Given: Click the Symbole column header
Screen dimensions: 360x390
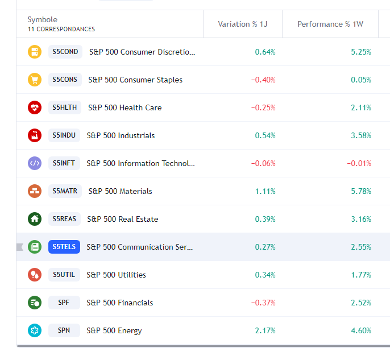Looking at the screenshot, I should point(42,20).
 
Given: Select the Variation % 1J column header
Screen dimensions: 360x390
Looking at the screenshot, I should point(242,24).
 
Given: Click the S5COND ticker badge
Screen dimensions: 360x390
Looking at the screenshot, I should point(65,52).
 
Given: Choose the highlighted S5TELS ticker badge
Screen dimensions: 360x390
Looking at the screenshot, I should point(64,247).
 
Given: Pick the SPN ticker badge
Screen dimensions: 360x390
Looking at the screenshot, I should point(64,330).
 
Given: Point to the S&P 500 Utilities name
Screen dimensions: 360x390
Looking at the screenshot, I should point(116,275).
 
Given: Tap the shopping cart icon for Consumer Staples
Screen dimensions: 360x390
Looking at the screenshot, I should point(35,80).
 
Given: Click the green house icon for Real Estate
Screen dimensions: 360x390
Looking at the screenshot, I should point(35,219).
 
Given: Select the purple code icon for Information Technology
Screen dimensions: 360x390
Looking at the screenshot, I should point(35,163).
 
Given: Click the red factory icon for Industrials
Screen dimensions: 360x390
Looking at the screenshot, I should point(35,135).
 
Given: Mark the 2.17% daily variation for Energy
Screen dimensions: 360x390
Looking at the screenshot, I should point(265,330).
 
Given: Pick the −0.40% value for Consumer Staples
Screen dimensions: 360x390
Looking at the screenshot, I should point(263,80).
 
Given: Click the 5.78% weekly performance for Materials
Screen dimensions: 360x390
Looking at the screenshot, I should point(361,191).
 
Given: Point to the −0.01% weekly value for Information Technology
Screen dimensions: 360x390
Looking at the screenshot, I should point(359,163).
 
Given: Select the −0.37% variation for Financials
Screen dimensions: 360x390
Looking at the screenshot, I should point(263,303).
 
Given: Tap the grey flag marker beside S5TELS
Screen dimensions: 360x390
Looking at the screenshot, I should point(20,247).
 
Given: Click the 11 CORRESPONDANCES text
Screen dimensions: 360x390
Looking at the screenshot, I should point(61,29).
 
